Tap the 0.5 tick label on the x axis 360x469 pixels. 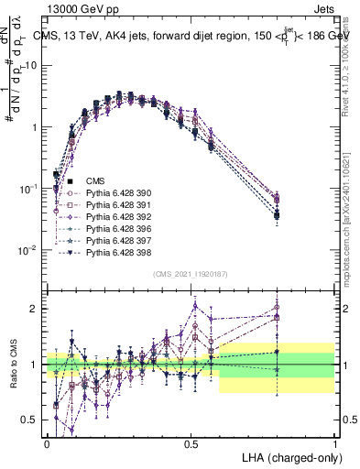tap(191, 442)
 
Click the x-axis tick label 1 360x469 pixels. tap(334, 442)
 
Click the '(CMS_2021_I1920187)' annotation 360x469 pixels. tap(190, 273)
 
